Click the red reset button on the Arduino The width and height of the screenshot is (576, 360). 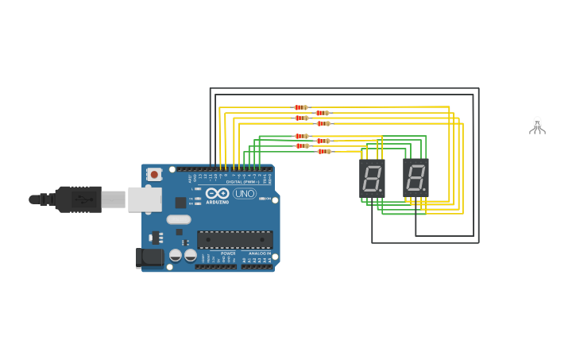coord(154,174)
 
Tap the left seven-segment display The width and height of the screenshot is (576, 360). coord(372,178)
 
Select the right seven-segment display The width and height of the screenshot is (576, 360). coord(416,178)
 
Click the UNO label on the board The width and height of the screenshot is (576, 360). coord(245,193)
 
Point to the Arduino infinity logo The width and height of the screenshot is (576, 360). coord(217,192)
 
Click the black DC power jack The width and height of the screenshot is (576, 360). coord(149,257)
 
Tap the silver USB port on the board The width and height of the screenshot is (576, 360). coord(145,199)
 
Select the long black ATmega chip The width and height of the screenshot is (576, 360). coord(234,238)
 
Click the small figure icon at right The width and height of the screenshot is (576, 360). coord(537,126)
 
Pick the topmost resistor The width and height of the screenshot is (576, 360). coord(300,107)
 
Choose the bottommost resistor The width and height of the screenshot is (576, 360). coord(323,151)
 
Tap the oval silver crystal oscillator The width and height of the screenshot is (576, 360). coord(179,219)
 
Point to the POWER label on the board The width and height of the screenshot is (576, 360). coord(228,254)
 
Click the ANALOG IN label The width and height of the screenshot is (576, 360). coord(259,254)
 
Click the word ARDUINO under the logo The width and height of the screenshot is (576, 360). coord(217,201)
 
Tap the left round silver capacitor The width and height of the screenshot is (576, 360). coord(176,255)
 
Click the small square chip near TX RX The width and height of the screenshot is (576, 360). coord(181,202)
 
